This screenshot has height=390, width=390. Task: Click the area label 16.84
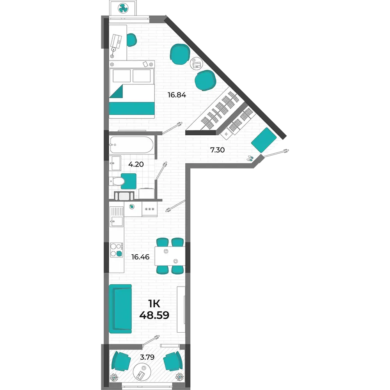(x=177, y=95)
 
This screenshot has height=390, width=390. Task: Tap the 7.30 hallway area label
(x=217, y=150)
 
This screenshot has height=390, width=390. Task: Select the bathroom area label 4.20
(x=136, y=164)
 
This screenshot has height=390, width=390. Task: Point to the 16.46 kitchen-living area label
(x=140, y=257)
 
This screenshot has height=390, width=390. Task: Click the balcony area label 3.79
(x=147, y=357)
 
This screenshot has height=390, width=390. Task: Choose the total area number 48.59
(x=154, y=315)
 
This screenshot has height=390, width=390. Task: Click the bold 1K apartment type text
(x=154, y=304)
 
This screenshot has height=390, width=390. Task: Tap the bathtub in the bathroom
(x=131, y=145)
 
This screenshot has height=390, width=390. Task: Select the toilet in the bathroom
(x=117, y=181)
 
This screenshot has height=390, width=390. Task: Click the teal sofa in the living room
(x=121, y=308)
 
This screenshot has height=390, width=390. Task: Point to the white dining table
(x=170, y=256)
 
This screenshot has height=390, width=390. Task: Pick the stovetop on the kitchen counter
(x=117, y=250)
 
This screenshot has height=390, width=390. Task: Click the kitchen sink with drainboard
(x=117, y=216)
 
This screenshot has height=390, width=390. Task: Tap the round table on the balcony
(x=142, y=372)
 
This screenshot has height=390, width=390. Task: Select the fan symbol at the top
(x=123, y=8)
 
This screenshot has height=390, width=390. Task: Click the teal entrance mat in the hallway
(x=264, y=140)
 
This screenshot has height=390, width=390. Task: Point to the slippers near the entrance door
(x=250, y=158)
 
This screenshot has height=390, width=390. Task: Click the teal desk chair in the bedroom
(x=131, y=40)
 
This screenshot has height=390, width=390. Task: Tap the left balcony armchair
(x=121, y=360)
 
